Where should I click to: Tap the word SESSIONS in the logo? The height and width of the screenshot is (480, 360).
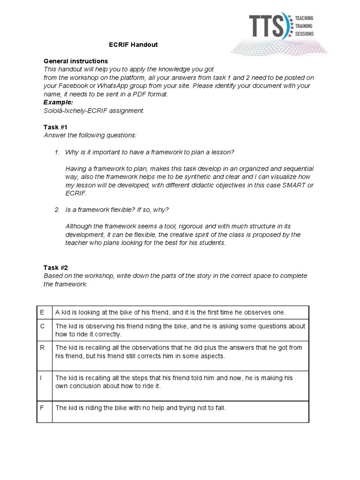tap(303, 34)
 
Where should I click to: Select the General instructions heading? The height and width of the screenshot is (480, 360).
tap(75, 61)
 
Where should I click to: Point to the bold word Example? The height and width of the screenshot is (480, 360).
tap(59, 102)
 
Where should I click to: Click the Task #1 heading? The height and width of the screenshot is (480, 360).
tap(56, 127)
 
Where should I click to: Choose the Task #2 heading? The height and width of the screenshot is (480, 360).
tap(56, 268)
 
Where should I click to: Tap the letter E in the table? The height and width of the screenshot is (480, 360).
tap(42, 312)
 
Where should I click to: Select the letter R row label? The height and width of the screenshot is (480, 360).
tap(42, 348)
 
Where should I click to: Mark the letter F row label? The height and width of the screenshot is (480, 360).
tap(42, 408)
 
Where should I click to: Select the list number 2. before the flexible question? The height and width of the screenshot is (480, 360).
tap(57, 209)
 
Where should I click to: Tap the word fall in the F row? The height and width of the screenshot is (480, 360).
tap(219, 408)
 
